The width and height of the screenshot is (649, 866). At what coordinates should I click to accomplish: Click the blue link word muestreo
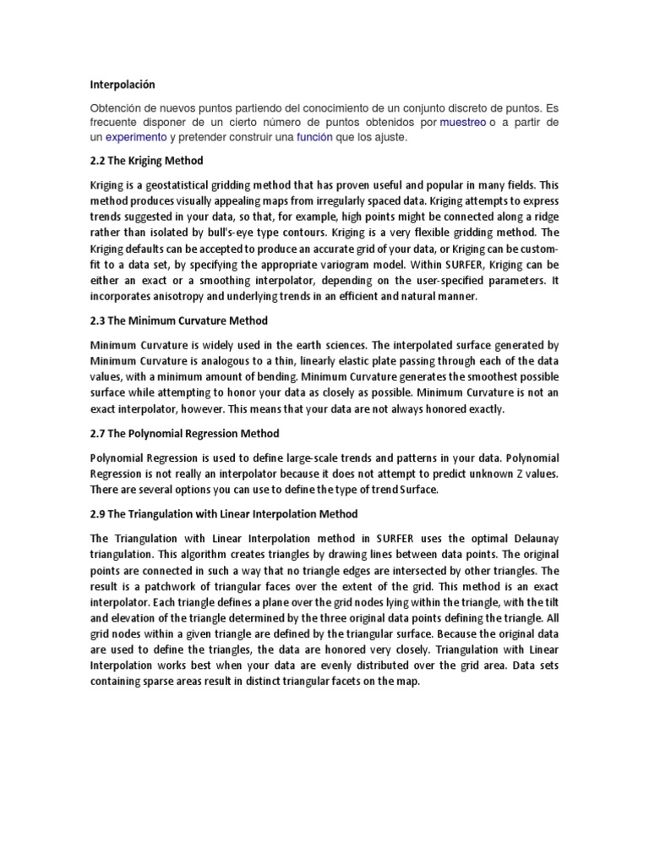463,123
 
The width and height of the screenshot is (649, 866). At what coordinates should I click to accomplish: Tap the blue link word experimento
135,137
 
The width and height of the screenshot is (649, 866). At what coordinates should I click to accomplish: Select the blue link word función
314,137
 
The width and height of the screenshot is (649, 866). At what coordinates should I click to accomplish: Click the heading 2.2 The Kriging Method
146,161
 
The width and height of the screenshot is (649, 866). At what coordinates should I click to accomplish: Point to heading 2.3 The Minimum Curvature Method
178,321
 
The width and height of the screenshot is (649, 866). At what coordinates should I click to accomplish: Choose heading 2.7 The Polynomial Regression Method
184,434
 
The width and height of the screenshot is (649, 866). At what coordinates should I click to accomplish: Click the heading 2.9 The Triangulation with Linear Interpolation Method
224,513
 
